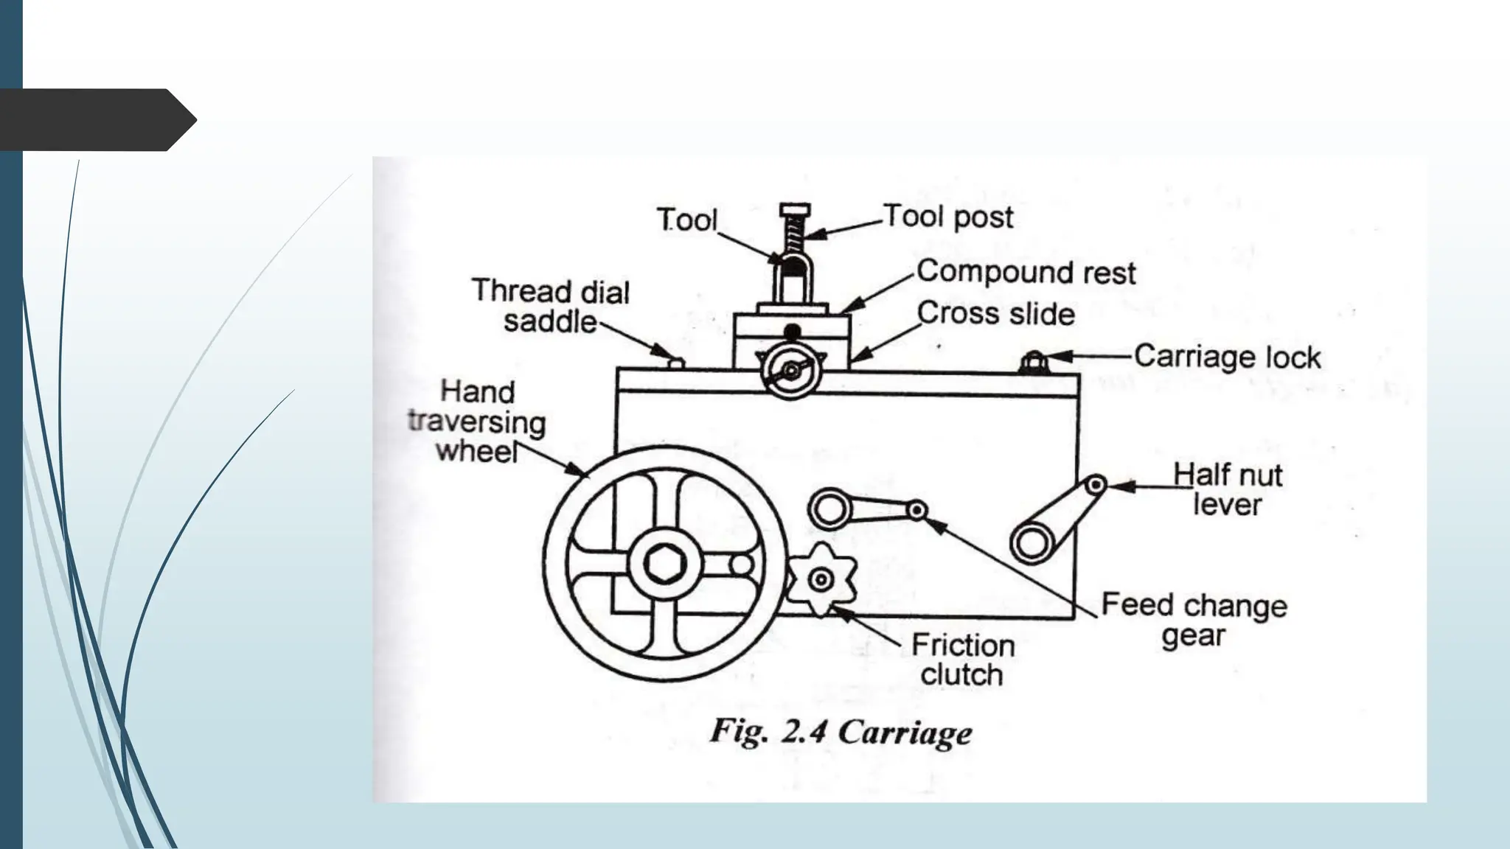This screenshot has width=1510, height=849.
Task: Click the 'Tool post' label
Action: click(948, 217)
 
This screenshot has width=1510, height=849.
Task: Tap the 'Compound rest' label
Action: click(1026, 272)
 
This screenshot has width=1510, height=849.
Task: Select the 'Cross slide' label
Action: click(995, 314)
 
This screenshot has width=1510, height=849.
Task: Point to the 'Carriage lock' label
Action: click(1227, 357)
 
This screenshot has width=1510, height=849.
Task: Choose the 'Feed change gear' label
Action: click(1194, 620)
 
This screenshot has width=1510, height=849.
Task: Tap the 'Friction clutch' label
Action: click(962, 660)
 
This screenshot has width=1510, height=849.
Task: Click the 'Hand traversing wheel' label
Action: click(477, 422)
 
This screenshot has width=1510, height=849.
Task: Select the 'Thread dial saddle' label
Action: click(550, 306)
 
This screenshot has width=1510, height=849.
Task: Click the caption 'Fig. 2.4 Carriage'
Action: click(841, 733)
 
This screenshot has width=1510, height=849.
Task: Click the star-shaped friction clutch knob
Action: click(821, 580)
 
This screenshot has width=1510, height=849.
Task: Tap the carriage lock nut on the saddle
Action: click(1033, 363)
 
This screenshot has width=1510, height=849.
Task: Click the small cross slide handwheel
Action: click(790, 371)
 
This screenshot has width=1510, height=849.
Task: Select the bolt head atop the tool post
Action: click(794, 209)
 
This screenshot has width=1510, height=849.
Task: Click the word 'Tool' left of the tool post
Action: click(686, 220)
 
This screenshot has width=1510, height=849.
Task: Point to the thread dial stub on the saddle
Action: click(675, 362)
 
